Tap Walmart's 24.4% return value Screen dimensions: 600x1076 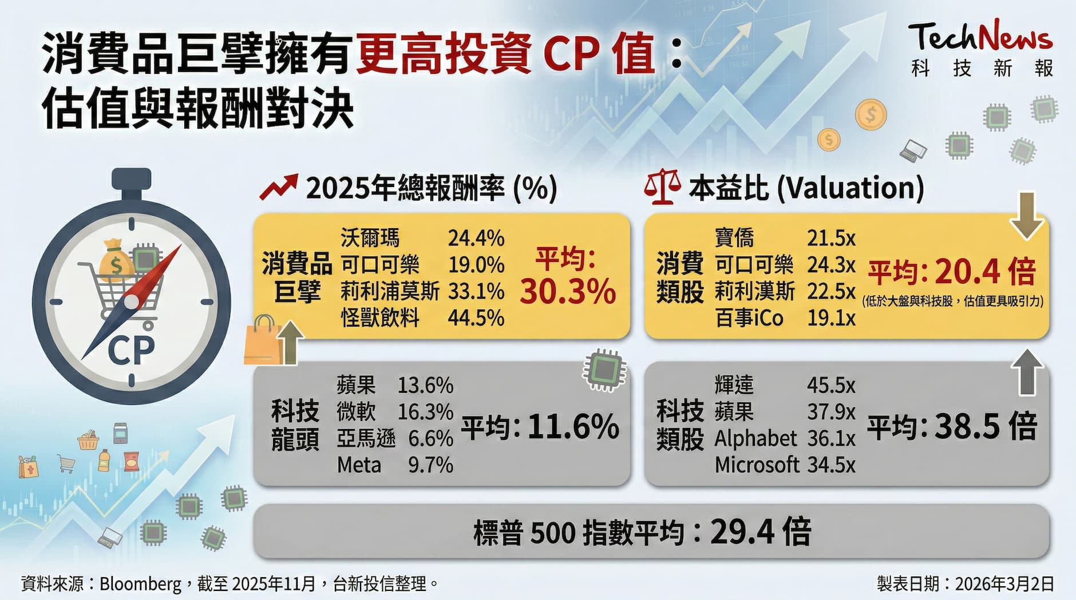pyautogui.click(x=476, y=238)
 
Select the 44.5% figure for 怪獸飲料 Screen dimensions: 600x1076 pyautogui.click(x=476, y=318)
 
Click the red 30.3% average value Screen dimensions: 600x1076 pyautogui.click(x=567, y=291)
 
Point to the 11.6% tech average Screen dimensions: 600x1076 pyautogui.click(x=573, y=427)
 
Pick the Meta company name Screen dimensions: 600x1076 pyautogui.click(x=359, y=465)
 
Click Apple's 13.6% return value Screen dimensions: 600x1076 pyautogui.click(x=425, y=386)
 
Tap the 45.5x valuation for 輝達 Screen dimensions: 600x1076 pyautogui.click(x=831, y=386)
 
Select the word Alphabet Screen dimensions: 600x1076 pyautogui.click(x=755, y=439)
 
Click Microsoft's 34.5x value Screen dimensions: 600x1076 pyautogui.click(x=831, y=465)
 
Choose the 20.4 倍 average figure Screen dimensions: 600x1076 pyautogui.click(x=985, y=272)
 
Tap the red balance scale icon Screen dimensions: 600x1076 pyautogui.click(x=662, y=187)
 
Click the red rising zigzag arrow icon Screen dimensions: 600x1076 pyautogui.click(x=278, y=187)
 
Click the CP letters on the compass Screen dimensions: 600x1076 pyautogui.click(x=131, y=349)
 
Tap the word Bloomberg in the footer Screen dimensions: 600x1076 pyautogui.click(x=140, y=583)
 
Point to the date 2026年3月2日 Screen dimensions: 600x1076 pyautogui.click(x=1004, y=583)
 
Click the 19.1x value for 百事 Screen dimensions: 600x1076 pyautogui.click(x=831, y=318)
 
